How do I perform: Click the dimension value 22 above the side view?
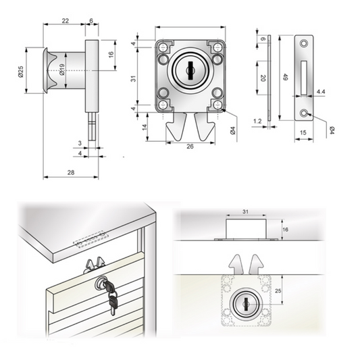(65, 22)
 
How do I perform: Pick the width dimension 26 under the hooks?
(190, 147)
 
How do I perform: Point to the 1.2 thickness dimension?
(257, 121)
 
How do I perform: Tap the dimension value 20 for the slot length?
(262, 78)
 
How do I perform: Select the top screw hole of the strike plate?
(305, 43)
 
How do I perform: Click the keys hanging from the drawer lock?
(112, 299)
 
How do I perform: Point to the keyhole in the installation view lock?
(245, 300)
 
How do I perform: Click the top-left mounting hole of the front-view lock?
(163, 47)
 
